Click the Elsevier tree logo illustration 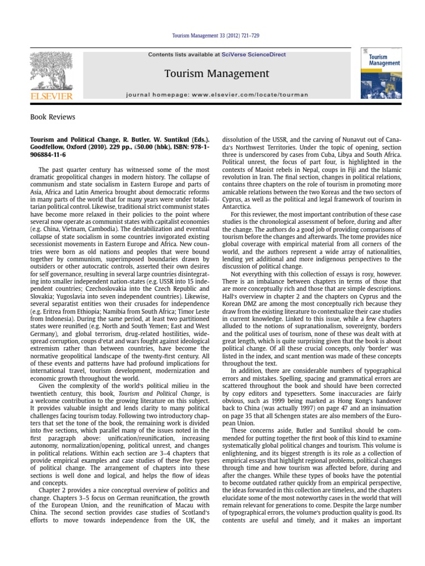tap(51, 71)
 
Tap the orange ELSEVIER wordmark tap(51, 96)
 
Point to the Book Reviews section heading tap(53, 117)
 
